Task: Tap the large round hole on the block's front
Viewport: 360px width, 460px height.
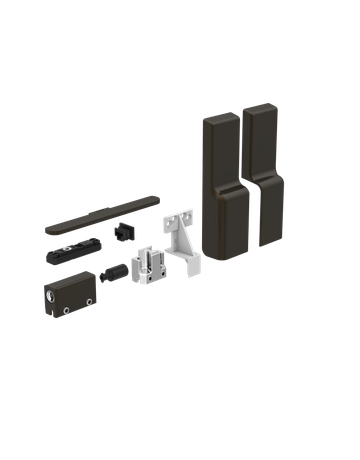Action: point(51,297)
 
